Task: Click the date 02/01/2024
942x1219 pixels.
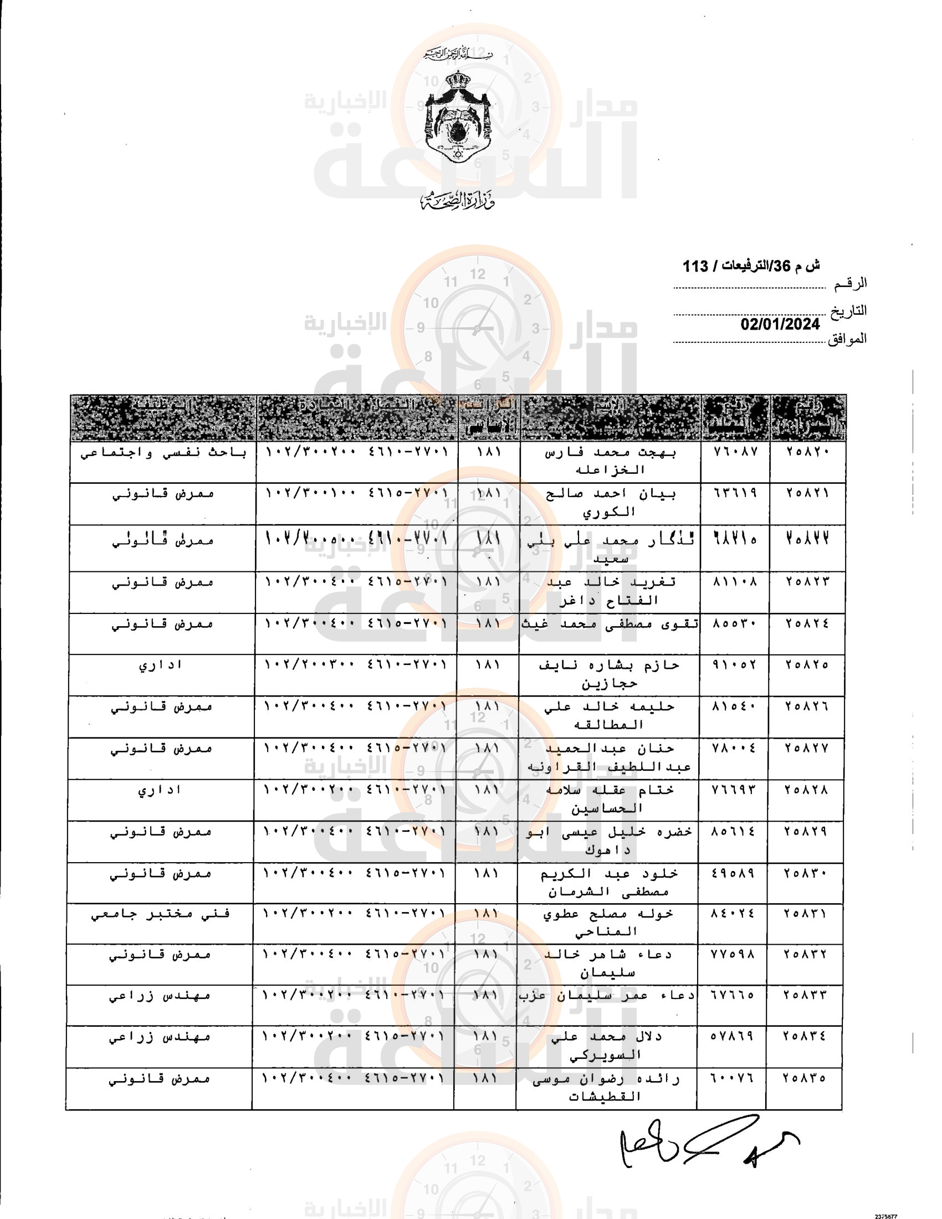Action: [780, 324]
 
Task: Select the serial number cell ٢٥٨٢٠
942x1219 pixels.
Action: [808, 452]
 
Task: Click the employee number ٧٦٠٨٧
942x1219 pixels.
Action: [735, 452]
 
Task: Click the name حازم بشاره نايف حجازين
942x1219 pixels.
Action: [609, 674]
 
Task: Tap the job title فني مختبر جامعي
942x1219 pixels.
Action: [161, 914]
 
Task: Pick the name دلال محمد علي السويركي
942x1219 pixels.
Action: [606, 1045]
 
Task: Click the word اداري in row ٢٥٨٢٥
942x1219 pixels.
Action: [161, 665]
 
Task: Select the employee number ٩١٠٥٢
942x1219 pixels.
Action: [734, 665]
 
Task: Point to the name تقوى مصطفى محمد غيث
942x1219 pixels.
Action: [609, 624]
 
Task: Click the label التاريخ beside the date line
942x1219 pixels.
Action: [848, 311]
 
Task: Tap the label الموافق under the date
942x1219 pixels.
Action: [847, 338]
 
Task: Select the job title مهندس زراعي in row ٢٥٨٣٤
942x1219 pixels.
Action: [160, 1037]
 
